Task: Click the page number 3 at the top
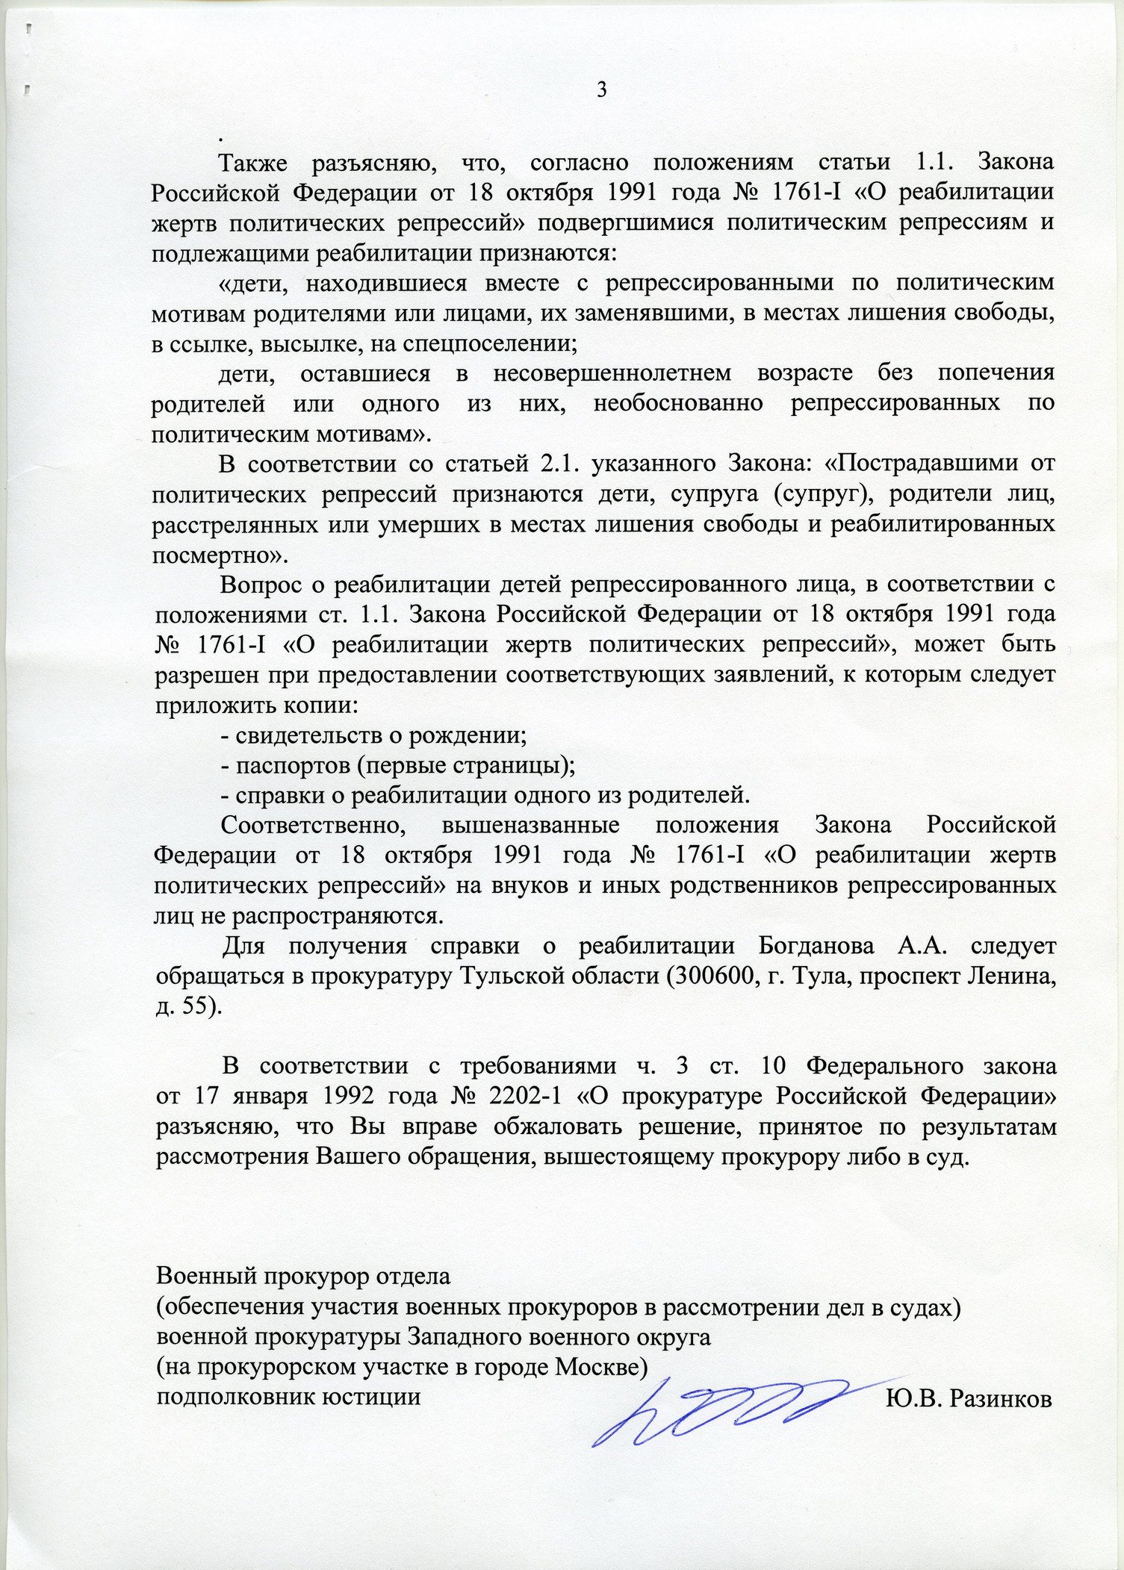coord(601,90)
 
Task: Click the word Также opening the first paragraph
coord(254,162)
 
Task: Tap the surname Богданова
coord(816,947)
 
